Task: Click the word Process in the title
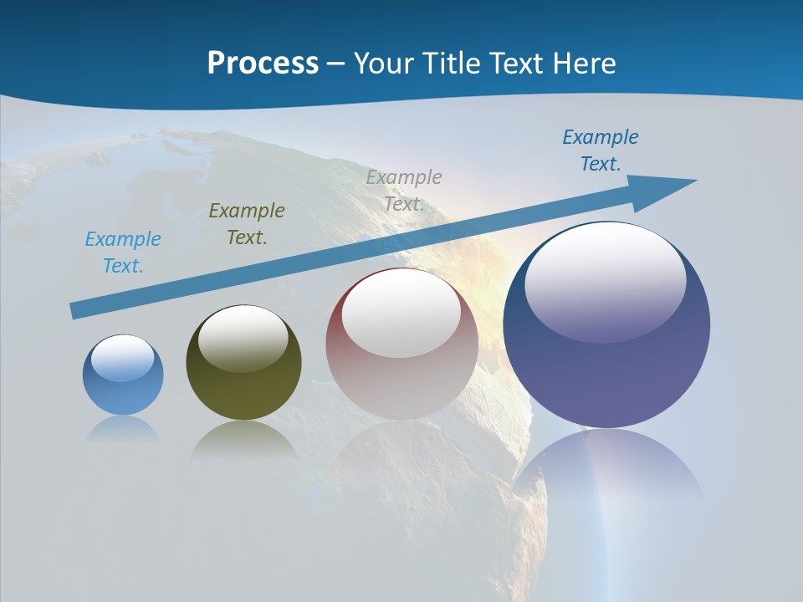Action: pos(263,64)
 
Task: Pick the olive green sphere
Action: pos(243,385)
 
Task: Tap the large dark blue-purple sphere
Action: pos(606,368)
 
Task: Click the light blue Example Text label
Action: pos(123,253)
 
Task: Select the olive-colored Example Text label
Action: pos(247,224)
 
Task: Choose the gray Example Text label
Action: pos(404,191)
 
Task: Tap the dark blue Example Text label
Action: pos(601,150)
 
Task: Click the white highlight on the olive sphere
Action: pos(243,339)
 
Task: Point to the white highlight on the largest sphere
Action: pos(605,280)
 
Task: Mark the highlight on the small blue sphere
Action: pos(122,359)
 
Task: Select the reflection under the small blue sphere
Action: pos(122,428)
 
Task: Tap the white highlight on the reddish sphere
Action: pos(401,314)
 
